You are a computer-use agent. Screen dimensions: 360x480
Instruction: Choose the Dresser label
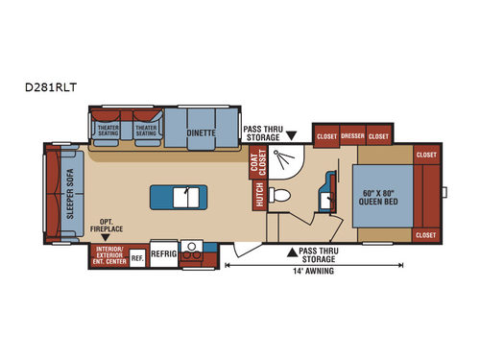(353, 136)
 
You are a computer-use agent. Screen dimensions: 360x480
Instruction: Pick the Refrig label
(164, 257)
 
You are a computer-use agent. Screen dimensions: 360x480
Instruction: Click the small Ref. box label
(137, 257)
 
